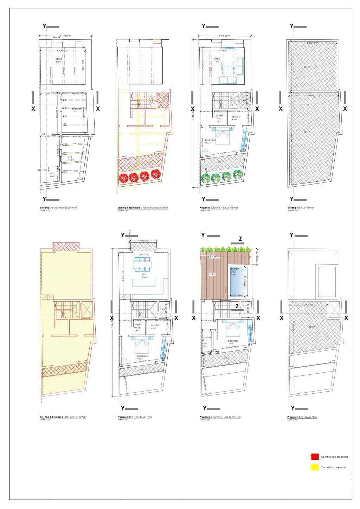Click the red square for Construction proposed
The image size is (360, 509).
tap(315, 457)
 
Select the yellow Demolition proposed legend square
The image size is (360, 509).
tap(315, 467)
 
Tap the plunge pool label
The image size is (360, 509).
tap(234, 270)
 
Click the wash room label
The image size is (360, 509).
tap(137, 326)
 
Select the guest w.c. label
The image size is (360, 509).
tap(219, 117)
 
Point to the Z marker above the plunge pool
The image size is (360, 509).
tap(240, 239)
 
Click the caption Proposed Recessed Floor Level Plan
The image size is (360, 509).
tap(220, 417)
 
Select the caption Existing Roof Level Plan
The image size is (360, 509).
tap(301, 208)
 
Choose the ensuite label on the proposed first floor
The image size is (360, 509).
tap(155, 325)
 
